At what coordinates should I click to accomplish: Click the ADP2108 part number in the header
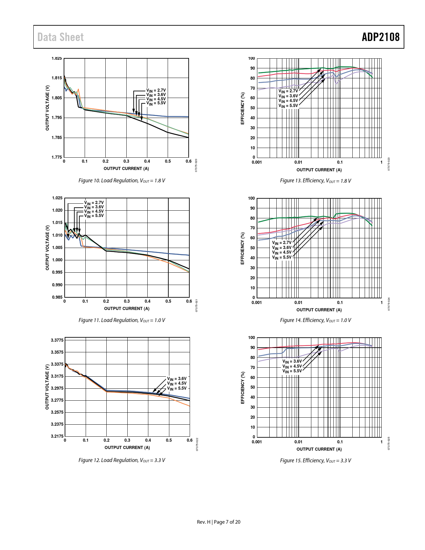[x=380, y=37]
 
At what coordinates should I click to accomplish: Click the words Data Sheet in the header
[x=60, y=37]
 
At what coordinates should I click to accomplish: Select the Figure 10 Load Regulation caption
[x=122, y=181]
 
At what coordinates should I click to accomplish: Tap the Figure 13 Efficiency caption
[x=315, y=181]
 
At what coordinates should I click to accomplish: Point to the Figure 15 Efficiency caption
[x=315, y=461]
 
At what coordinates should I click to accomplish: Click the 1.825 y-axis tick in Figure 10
[x=57, y=58]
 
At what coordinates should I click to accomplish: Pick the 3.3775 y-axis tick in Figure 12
[x=57, y=340]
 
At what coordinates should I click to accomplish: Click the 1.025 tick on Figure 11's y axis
[x=57, y=198]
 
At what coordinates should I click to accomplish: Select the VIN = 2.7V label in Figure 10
[x=156, y=90]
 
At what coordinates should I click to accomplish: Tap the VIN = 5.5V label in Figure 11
[x=94, y=216]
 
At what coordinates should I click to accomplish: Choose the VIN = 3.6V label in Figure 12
[x=177, y=379]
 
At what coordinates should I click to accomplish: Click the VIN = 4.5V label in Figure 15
[x=292, y=366]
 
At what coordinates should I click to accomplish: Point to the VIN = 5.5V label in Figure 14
[x=282, y=257]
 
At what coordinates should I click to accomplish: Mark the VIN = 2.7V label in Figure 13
[x=288, y=91]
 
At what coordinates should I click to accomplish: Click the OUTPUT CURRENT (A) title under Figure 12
[x=127, y=448]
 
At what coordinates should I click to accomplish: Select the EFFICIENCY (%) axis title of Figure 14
[x=243, y=248]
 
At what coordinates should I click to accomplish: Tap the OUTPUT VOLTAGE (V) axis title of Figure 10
[x=47, y=108]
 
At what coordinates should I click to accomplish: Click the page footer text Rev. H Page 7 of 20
[x=218, y=522]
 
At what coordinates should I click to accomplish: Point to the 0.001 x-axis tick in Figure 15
[x=257, y=442]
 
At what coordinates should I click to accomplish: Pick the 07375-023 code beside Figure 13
[x=389, y=164]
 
